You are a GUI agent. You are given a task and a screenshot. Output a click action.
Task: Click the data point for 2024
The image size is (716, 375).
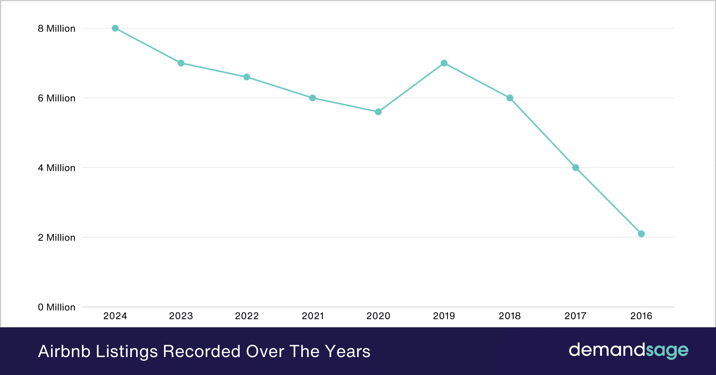(115, 28)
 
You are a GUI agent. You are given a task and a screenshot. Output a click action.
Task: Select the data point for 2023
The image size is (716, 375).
(181, 63)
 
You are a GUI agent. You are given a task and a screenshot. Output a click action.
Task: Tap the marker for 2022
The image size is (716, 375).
(247, 77)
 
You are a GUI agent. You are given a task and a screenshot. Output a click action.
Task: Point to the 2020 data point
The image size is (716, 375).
(378, 112)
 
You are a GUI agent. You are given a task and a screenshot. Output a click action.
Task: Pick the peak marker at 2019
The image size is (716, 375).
(444, 63)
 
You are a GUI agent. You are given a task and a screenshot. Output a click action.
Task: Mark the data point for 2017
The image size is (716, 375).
(576, 168)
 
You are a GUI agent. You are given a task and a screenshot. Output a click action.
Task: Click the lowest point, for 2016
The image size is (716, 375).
(641, 234)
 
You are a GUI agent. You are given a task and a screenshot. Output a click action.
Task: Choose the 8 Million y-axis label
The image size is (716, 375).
(57, 28)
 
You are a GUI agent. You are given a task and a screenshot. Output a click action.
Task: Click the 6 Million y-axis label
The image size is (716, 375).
(57, 98)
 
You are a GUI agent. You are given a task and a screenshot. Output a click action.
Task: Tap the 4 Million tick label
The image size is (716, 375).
(57, 168)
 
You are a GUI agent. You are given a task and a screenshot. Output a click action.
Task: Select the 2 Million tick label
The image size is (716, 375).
(57, 238)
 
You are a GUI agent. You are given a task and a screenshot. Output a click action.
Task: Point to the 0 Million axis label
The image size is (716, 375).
(57, 307)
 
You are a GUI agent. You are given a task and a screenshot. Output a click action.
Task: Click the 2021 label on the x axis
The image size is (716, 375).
(313, 316)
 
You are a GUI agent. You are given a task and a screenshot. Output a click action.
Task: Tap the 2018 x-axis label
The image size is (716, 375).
(510, 316)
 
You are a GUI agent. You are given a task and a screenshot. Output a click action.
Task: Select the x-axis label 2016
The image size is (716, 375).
(641, 316)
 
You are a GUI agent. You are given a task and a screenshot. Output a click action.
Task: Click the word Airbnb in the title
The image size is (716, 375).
(64, 351)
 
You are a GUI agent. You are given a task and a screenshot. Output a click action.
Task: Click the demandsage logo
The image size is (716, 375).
(628, 350)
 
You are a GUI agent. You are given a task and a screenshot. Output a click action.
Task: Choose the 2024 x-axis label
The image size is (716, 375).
(115, 316)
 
